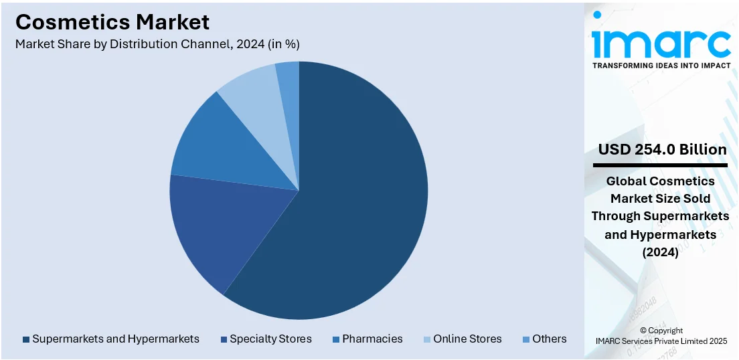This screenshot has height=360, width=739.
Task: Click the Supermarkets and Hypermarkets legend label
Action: point(116,339)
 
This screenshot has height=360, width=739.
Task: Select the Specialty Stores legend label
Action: point(270,339)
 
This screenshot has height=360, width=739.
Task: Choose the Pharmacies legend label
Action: point(372,339)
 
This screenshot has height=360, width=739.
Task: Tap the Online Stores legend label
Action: point(467,339)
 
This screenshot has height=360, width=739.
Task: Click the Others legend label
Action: point(550,339)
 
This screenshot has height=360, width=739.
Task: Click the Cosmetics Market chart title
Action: point(112,22)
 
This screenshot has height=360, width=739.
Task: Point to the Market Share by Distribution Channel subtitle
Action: point(157,44)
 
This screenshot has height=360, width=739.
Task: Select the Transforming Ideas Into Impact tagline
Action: point(661,66)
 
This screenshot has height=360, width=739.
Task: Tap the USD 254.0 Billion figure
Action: point(662,149)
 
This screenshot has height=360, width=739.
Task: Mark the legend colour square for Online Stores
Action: point(427,339)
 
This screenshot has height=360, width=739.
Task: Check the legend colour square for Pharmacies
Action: point(336,339)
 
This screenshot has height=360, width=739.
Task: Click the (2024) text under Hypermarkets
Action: point(660,253)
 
